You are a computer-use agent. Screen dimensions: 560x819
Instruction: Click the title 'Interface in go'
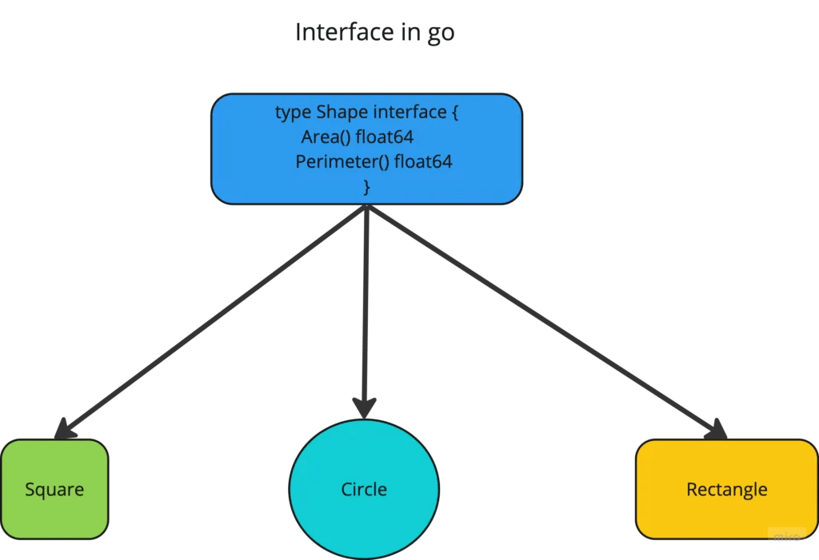tap(375, 33)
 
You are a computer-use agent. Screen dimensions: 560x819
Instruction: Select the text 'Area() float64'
tap(358, 137)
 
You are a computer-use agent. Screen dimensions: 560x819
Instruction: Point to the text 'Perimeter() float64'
tap(374, 162)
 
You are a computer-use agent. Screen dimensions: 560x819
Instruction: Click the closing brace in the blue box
tap(367, 187)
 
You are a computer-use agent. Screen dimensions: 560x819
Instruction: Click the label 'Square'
tap(54, 489)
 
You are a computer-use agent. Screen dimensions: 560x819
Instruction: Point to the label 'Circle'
tap(364, 489)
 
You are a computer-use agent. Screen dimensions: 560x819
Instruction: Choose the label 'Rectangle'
tap(726, 489)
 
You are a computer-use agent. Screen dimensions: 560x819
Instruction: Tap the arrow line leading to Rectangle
tap(544, 320)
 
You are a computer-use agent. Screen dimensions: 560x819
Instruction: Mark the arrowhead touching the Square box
tap(65, 430)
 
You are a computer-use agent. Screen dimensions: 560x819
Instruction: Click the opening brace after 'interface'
tap(454, 113)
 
